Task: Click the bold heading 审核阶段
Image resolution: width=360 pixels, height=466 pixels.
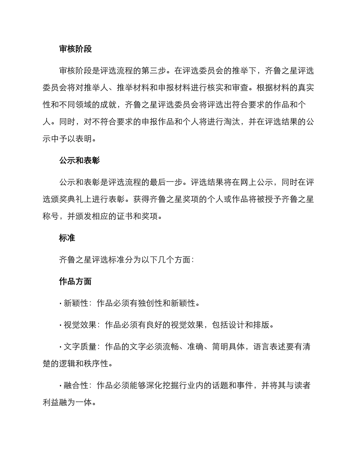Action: tap(75, 49)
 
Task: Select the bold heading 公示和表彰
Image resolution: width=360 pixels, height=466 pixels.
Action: tap(79, 160)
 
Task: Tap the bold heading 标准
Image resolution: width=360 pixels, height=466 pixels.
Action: tap(67, 238)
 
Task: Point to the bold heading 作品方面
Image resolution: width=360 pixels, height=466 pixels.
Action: tap(75, 281)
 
